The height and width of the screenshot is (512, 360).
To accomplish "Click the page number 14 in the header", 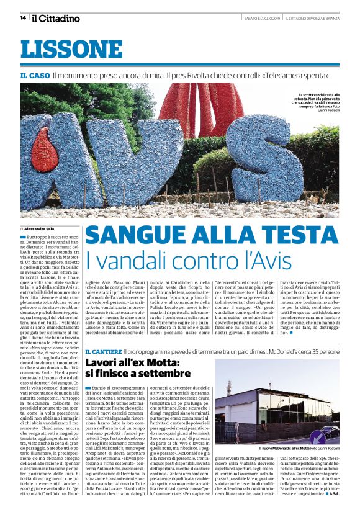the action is click(x=23, y=17).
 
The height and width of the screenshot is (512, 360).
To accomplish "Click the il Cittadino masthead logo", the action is click(x=56, y=17).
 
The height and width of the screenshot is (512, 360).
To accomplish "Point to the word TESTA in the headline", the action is click(x=299, y=236).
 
